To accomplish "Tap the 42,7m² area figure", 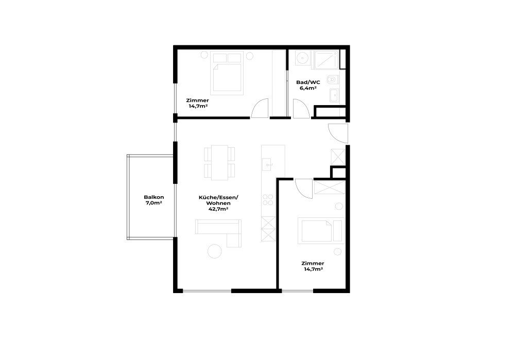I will pos(219,210).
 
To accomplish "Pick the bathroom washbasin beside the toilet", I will pos(335,95).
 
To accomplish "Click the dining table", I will pos(220,162).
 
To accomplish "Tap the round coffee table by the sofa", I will pos(214,251).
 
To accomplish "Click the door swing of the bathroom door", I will pos(301,109).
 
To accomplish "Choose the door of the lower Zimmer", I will pos(303,187).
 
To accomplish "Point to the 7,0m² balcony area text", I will pos(154,203).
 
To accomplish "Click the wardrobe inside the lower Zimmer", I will pos(329,186).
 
